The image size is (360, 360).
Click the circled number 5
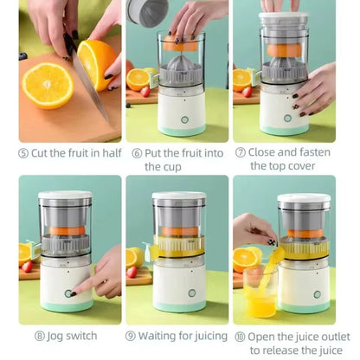(x=23, y=152)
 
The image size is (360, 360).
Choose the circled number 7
(x=241, y=152)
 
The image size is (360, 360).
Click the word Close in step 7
(x=266, y=152)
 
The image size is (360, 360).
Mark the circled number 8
(x=39, y=336)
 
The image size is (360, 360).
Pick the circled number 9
(x=131, y=336)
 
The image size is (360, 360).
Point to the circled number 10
(x=239, y=336)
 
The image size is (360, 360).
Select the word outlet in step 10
(x=330, y=336)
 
